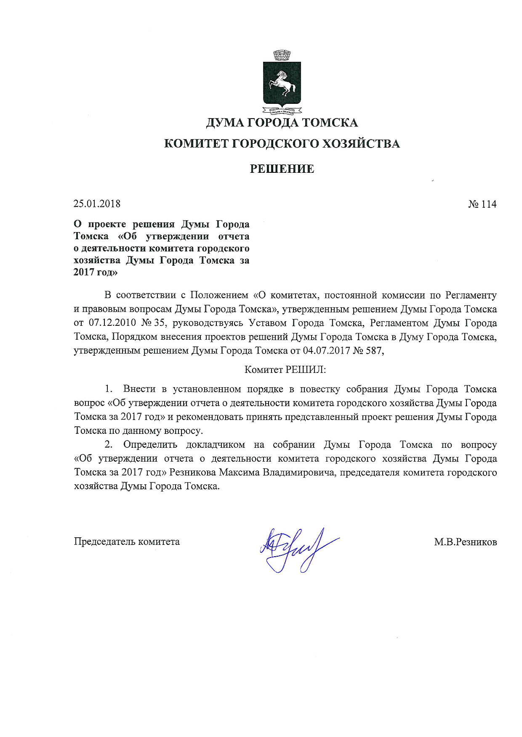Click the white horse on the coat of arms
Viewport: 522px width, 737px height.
point(282,83)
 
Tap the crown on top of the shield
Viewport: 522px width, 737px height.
point(282,55)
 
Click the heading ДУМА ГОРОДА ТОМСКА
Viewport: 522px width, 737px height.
point(282,123)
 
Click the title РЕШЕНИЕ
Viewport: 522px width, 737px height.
point(282,169)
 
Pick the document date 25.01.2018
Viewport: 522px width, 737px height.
point(97,204)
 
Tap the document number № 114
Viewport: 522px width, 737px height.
point(482,204)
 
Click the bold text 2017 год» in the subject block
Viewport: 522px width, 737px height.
point(96,272)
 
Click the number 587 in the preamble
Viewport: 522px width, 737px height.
point(374,351)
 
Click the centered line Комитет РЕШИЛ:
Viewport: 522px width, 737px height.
point(285,370)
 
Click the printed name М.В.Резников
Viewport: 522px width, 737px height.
point(466,542)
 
